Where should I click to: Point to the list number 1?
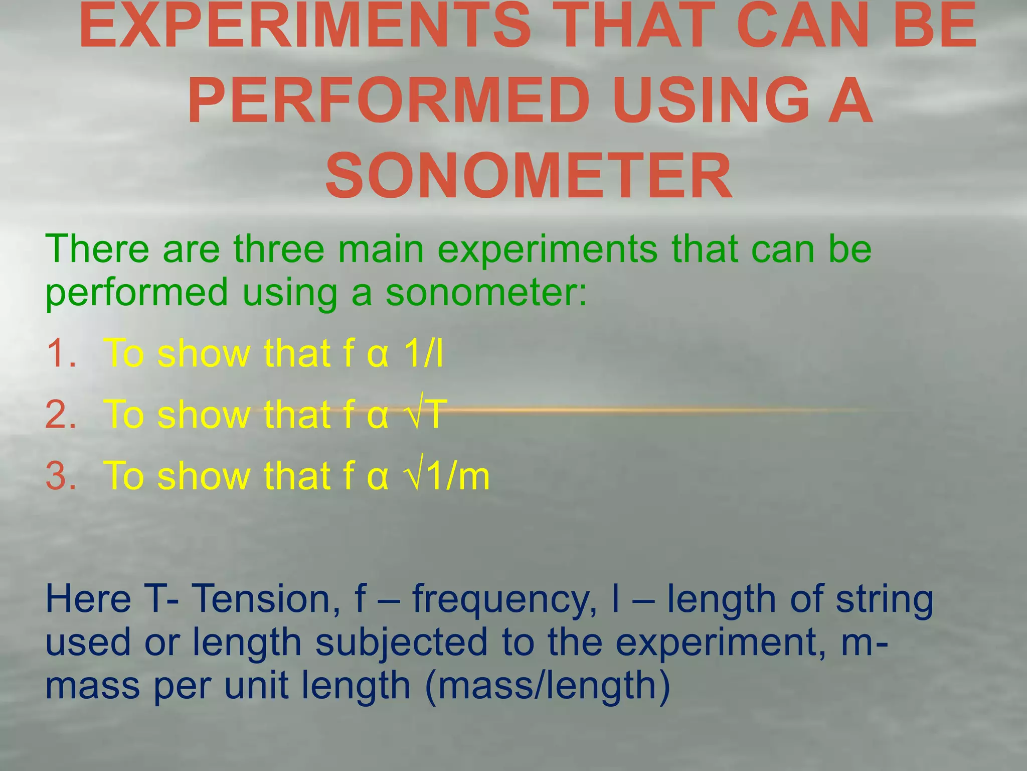(x=60, y=353)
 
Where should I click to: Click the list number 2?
(x=61, y=415)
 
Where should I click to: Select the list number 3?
(x=61, y=476)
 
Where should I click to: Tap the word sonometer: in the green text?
(x=486, y=293)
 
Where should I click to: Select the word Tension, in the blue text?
(x=265, y=599)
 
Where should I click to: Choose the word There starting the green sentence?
(x=97, y=249)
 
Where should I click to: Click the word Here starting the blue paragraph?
(x=88, y=599)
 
